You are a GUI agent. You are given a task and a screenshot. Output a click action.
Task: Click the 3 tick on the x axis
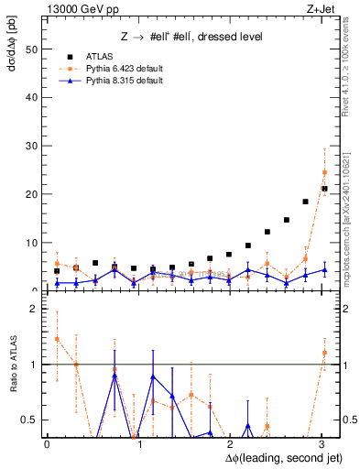(x=321, y=442)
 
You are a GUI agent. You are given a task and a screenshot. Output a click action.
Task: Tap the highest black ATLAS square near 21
(x=324, y=189)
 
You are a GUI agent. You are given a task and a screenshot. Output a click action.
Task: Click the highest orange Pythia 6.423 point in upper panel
(x=324, y=172)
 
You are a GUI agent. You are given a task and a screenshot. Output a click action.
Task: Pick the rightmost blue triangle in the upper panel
(x=324, y=269)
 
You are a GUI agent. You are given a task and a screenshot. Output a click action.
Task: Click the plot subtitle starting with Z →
(x=191, y=37)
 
